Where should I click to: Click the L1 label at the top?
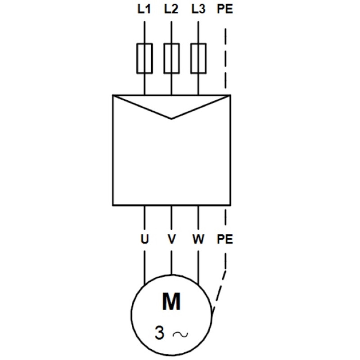pyautogui.click(x=144, y=9)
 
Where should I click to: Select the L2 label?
pyautogui.click(x=171, y=9)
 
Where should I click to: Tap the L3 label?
pyautogui.click(x=198, y=9)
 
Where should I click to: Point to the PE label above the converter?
pyautogui.click(x=225, y=9)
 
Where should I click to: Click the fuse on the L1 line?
pyautogui.click(x=144, y=58)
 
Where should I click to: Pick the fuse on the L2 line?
pyautogui.click(x=171, y=58)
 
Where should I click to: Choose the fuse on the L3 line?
pyautogui.click(x=198, y=58)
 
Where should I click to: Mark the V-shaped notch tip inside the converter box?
pyautogui.click(x=171, y=119)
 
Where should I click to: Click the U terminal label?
pyautogui.click(x=144, y=239)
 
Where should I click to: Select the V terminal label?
pyautogui.click(x=171, y=239)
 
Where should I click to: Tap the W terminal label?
pyautogui.click(x=198, y=239)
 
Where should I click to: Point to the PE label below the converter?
pyautogui.click(x=225, y=239)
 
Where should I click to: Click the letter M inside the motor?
pyautogui.click(x=171, y=301)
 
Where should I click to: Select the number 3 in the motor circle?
pyautogui.click(x=159, y=333)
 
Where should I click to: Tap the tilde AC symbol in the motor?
pyautogui.click(x=180, y=334)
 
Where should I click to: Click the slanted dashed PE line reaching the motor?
pyautogui.click(x=219, y=291)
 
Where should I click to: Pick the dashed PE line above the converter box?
pyautogui.click(x=225, y=58)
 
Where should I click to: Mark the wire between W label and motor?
pyautogui.click(x=198, y=268)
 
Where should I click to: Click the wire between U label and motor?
pyautogui.click(x=144, y=268)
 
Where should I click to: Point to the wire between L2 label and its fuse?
pyautogui.click(x=171, y=32)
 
